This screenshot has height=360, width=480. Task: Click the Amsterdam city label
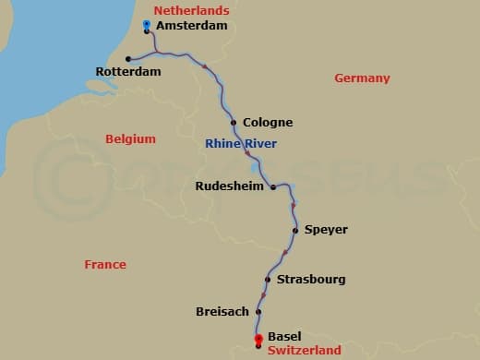(192, 26)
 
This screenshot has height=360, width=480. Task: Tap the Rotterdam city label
(128, 71)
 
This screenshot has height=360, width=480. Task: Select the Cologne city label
(268, 122)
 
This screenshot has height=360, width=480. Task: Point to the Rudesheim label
(230, 186)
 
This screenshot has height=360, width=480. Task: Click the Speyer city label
(326, 229)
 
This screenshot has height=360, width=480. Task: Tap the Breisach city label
(222, 312)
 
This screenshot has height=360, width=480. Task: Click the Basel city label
(284, 337)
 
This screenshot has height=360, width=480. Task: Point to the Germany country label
(362, 78)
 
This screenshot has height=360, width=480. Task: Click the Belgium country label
(130, 138)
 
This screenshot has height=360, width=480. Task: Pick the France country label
(105, 264)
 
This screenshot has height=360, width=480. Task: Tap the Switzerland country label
(304, 350)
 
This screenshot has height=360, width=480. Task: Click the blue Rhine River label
(241, 143)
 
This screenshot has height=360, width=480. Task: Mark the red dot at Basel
(258, 339)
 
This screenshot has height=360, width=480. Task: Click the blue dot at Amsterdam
(147, 24)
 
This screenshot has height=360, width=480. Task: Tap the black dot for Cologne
(234, 122)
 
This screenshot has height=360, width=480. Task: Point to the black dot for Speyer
(294, 230)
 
